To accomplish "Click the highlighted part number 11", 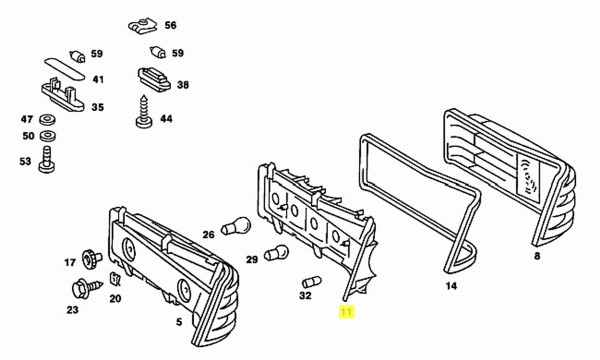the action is (346, 312).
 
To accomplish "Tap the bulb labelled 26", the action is (236, 226).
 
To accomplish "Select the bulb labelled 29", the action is (276, 252).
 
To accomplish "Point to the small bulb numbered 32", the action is (311, 282).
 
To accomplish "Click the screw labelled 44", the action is (144, 112).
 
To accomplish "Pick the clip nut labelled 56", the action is (142, 26).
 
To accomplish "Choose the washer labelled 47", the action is (47, 119).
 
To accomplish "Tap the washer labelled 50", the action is (47, 136).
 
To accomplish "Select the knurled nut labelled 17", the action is (92, 259).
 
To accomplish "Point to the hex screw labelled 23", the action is (87, 288).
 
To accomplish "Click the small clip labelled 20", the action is (115, 279).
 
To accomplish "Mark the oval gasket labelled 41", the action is (64, 69).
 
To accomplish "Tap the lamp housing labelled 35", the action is (62, 95).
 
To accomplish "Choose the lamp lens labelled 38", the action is (154, 80).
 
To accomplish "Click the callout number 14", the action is (451, 286).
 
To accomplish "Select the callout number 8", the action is (537, 256).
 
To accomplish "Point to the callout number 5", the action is (179, 322).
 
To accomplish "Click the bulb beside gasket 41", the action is (78, 57).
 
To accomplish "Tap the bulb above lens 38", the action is (158, 52).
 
